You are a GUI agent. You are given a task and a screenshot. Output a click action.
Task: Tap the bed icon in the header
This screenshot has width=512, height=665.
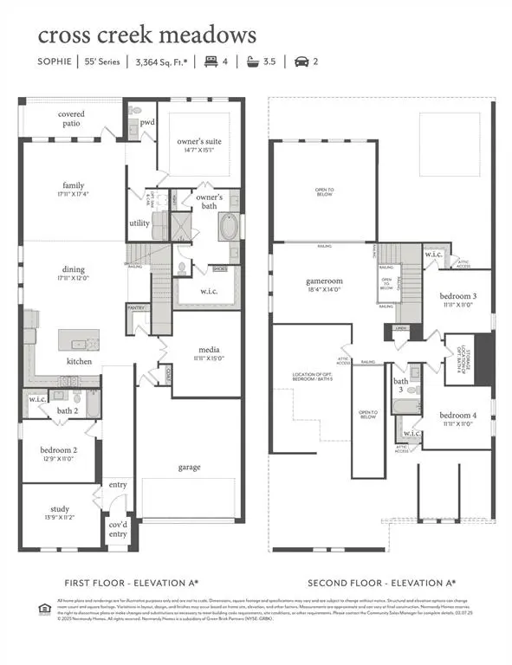[211, 61]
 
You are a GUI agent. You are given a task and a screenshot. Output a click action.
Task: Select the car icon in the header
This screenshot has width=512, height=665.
[302, 61]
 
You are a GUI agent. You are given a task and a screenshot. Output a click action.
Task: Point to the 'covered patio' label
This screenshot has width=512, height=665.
[72, 119]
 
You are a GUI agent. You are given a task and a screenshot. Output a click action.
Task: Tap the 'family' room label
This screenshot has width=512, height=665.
[73, 186]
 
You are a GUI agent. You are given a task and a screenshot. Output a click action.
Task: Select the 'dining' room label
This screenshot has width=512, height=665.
[72, 274]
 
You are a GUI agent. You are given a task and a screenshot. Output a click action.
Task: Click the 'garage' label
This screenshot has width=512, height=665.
[189, 467]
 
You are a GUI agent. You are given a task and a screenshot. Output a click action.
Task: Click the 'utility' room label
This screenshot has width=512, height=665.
[139, 223]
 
